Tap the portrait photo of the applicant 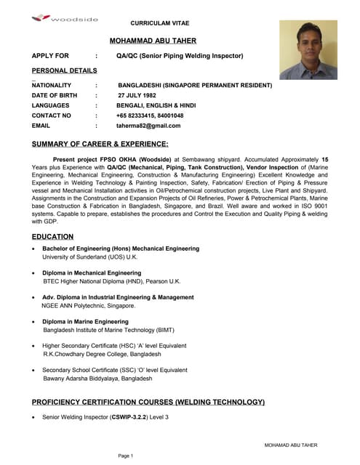pyautogui.click(x=308, y=49)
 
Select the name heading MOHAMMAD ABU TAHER pyautogui.click(x=153, y=41)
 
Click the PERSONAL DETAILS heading pyautogui.click(x=64, y=70)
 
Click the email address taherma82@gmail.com pyautogui.click(x=148, y=126)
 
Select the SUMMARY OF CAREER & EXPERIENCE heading pyautogui.click(x=100, y=144)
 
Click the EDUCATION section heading pyautogui.click(x=52, y=236)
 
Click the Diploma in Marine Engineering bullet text pyautogui.click(x=85, y=321)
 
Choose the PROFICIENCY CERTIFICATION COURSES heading pyautogui.click(x=148, y=402)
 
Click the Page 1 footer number pyautogui.click(x=126, y=456)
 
